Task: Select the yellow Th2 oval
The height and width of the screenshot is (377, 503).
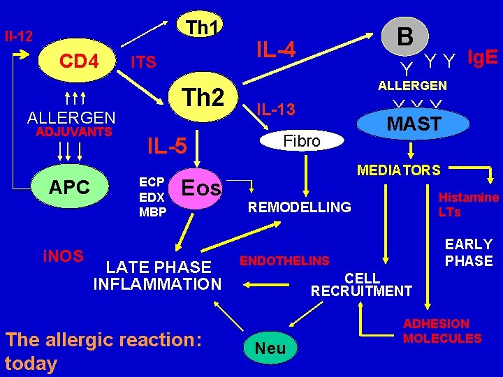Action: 203,97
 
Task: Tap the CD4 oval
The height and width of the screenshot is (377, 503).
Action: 78,61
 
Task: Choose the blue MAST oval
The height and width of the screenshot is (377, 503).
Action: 414,124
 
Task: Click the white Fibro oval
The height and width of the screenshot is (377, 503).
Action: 302,141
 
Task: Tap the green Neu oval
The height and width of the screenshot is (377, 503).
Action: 270,347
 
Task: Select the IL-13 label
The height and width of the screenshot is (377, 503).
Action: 276,109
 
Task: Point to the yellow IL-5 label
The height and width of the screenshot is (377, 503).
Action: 166,146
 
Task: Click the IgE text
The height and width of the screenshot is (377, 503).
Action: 482,57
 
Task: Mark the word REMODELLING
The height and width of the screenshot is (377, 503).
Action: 300,207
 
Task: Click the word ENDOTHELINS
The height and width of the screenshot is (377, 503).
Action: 284,261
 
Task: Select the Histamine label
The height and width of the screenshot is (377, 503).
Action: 468,198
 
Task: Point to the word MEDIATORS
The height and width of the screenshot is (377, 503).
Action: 398,170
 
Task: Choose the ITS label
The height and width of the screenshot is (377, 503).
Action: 145,63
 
